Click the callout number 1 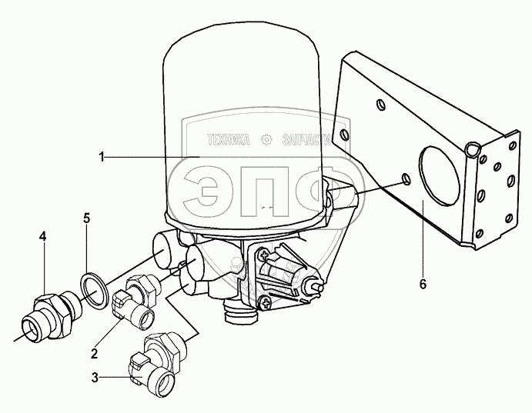coord(101,158)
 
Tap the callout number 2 coord(94,354)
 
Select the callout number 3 coord(94,378)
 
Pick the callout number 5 coord(87,218)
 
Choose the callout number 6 coord(422,284)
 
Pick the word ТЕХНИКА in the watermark coord(229,141)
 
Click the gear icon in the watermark coord(267,140)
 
